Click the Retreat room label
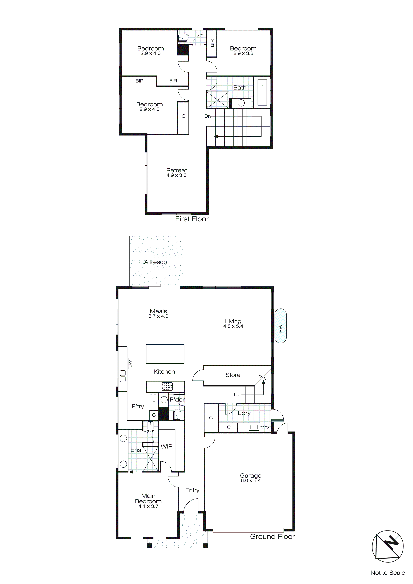coord(176,170)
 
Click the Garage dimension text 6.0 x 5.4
coord(251,480)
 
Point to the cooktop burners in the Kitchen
coord(167,386)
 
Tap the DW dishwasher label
coord(130,363)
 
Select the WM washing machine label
coord(265,428)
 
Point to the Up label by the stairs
coord(237,394)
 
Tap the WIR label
coord(167,446)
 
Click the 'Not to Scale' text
coord(388,572)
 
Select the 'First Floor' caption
coord(192,219)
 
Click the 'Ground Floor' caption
coord(272,536)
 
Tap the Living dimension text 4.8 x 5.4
coord(233,326)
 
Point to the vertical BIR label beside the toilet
coord(212,43)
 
